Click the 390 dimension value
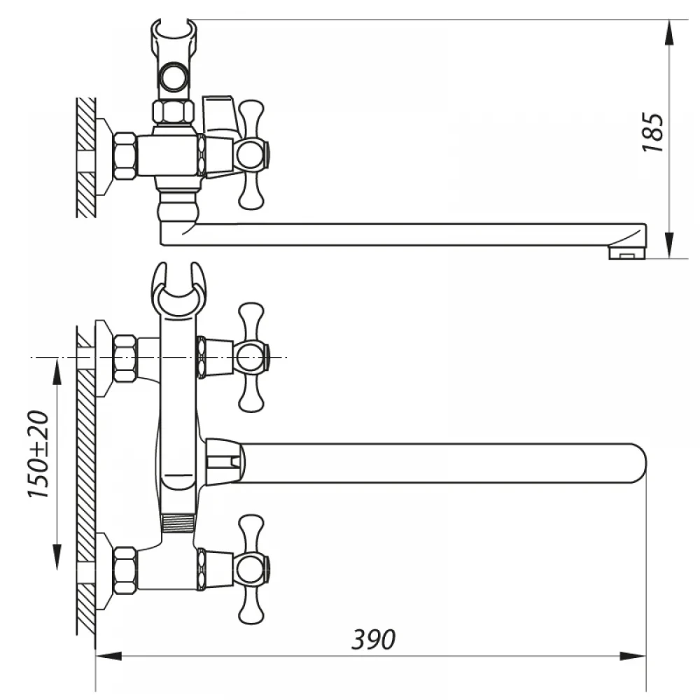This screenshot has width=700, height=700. click(373, 639)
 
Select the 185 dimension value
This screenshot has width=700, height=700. click(652, 133)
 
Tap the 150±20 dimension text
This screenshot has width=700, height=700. click(38, 454)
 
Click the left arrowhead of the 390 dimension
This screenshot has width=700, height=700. click(108, 656)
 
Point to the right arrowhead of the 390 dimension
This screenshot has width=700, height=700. click(633, 656)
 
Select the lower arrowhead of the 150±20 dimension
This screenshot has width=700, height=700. click(57, 556)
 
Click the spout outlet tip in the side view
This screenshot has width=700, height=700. click(627, 253)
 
